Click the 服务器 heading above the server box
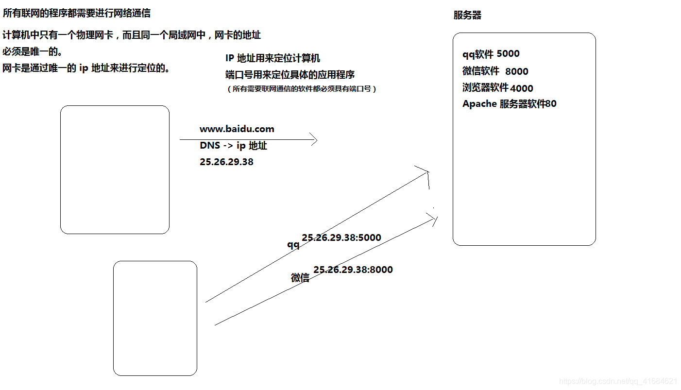[467, 15]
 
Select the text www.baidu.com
[237, 129]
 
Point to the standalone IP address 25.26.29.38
[226, 162]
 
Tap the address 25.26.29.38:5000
[341, 238]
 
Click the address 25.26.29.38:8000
[353, 270]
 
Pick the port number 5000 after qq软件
[508, 54]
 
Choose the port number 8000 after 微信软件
[516, 71]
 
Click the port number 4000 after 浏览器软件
[522, 88]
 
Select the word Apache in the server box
[479, 104]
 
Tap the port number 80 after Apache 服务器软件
[551, 104]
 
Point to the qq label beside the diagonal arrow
[293, 245]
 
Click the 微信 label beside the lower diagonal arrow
[300, 278]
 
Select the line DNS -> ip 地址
[233, 146]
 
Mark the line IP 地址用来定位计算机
[272, 58]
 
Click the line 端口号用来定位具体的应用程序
[290, 75]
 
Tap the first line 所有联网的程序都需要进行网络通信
[77, 13]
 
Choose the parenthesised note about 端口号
[302, 89]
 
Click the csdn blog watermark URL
[618, 381]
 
